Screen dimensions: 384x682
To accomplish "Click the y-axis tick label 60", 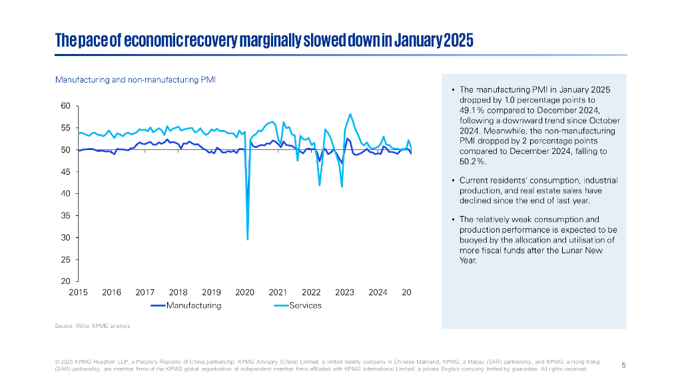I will pyautogui.click(x=65, y=106).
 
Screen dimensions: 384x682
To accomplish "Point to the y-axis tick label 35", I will pyautogui.click(x=65, y=216).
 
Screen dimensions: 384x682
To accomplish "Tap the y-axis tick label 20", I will pyautogui.click(x=65, y=281).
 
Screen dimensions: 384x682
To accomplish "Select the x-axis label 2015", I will pyautogui.click(x=79, y=293).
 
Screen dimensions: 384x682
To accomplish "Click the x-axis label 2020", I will pyautogui.click(x=245, y=293).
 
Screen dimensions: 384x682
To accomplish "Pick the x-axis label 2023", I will pyautogui.click(x=344, y=293).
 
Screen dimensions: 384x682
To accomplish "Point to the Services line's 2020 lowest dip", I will pyautogui.click(x=248, y=239).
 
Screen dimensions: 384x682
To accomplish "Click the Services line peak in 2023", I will pyautogui.click(x=350, y=114).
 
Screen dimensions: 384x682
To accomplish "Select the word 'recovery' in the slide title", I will pyautogui.click(x=208, y=40).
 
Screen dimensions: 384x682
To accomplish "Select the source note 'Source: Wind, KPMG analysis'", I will pyautogui.click(x=92, y=326).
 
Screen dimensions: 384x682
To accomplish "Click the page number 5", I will pyautogui.click(x=623, y=365).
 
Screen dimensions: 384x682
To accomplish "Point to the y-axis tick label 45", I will pyautogui.click(x=65, y=172).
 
